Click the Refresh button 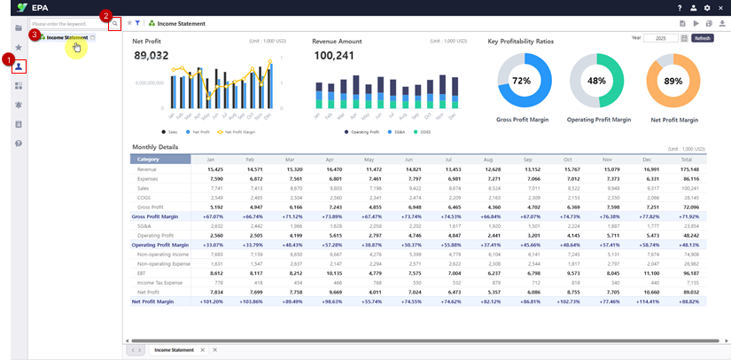(x=703, y=38)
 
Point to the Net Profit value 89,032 (x=151, y=55)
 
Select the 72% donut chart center (x=521, y=81)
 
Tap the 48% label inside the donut (x=595, y=81)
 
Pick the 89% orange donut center (x=673, y=81)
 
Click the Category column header (x=160, y=159)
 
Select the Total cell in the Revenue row (x=689, y=168)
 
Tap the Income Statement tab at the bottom (x=174, y=350)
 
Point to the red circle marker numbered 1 (x=9, y=59)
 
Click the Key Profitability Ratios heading (x=533, y=41)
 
